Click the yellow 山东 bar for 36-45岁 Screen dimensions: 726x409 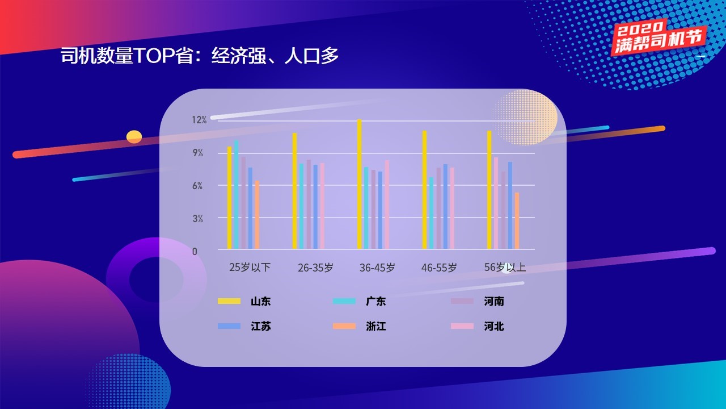[x=360, y=184]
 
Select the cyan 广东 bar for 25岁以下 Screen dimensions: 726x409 [x=237, y=194]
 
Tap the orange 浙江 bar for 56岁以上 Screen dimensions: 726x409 [x=517, y=221]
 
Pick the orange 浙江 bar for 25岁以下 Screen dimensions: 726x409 [x=257, y=215]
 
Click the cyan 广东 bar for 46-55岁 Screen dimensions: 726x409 [x=432, y=213]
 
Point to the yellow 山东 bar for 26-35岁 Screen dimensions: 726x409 [x=294, y=191]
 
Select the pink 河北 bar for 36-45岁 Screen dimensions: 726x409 [x=387, y=204]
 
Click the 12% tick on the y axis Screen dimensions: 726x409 [x=199, y=120]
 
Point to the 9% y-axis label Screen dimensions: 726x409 [x=198, y=153]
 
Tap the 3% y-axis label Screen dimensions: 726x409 [x=198, y=219]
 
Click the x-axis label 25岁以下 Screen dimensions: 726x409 [x=250, y=267]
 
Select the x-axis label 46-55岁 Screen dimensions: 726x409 [x=439, y=268]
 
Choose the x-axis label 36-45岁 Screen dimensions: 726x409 [x=377, y=268]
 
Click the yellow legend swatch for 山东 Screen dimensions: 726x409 [x=229, y=301]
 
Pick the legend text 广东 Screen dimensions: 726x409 [x=376, y=301]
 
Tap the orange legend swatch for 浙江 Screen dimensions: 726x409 [x=344, y=326]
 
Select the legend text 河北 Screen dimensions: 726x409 [x=494, y=326]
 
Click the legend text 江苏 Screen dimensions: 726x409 [x=260, y=326]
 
